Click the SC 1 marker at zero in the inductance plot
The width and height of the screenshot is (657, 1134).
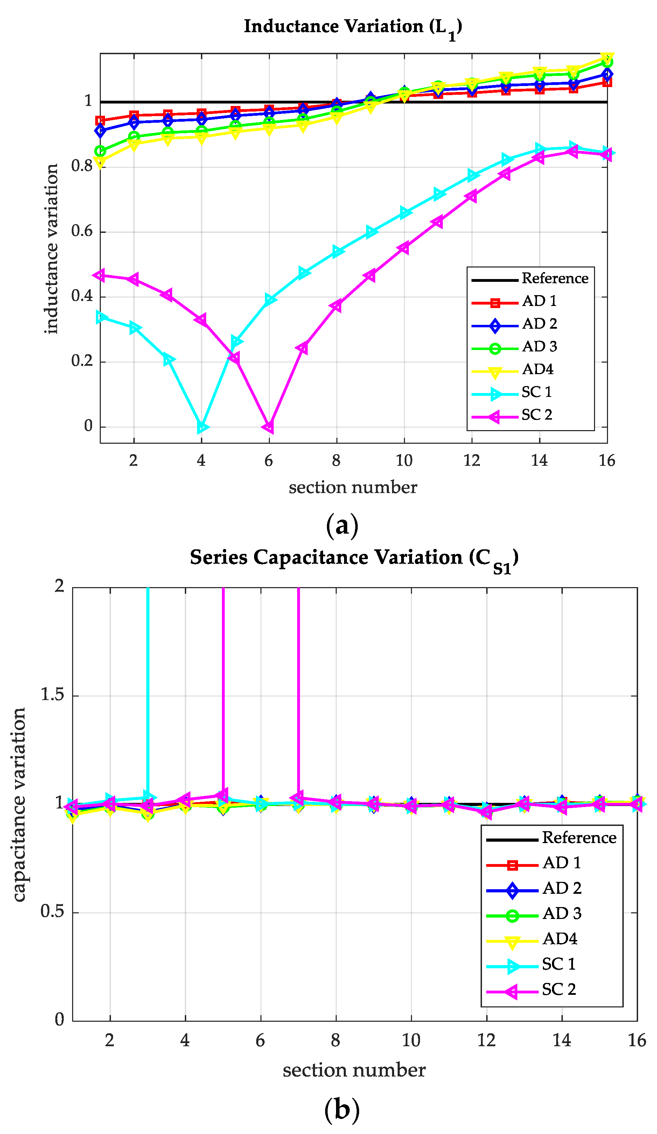point(201,427)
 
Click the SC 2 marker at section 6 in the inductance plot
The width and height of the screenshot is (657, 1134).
point(269,427)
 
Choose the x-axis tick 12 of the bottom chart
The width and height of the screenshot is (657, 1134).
point(486,1040)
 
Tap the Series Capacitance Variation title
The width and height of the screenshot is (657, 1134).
point(354,558)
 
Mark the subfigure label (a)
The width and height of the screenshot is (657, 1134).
point(342,525)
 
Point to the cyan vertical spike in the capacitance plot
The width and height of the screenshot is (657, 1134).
point(148,675)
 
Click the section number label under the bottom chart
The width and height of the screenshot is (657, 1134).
point(354,1070)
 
